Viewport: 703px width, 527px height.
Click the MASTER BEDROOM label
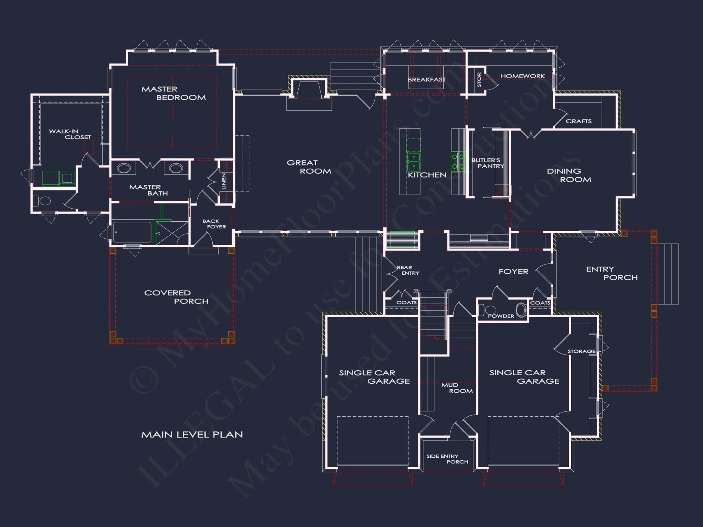pos(173,93)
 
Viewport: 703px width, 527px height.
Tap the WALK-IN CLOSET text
pos(70,134)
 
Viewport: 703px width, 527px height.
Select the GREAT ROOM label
pos(309,167)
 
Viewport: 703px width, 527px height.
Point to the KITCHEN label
pos(427,175)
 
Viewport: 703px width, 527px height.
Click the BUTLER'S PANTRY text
pos(488,163)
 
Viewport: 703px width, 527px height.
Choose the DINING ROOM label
pos(569,175)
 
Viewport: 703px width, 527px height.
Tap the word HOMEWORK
pos(523,76)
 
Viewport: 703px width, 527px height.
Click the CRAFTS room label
pos(579,121)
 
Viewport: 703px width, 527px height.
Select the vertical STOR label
pos(479,80)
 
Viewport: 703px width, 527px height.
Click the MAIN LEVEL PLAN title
pos(192,435)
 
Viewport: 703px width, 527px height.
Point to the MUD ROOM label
pos(457,388)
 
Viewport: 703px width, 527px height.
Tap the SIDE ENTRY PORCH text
pos(447,459)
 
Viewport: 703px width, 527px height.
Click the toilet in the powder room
pos(488,310)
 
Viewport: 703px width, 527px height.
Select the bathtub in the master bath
pos(132,232)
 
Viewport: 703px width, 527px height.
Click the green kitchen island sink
pos(414,161)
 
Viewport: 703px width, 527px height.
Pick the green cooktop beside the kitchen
pos(458,161)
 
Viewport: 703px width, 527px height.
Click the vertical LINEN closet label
pos(224,181)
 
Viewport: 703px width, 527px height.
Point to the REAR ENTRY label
pos(408,270)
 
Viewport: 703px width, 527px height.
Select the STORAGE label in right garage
pos(581,351)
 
